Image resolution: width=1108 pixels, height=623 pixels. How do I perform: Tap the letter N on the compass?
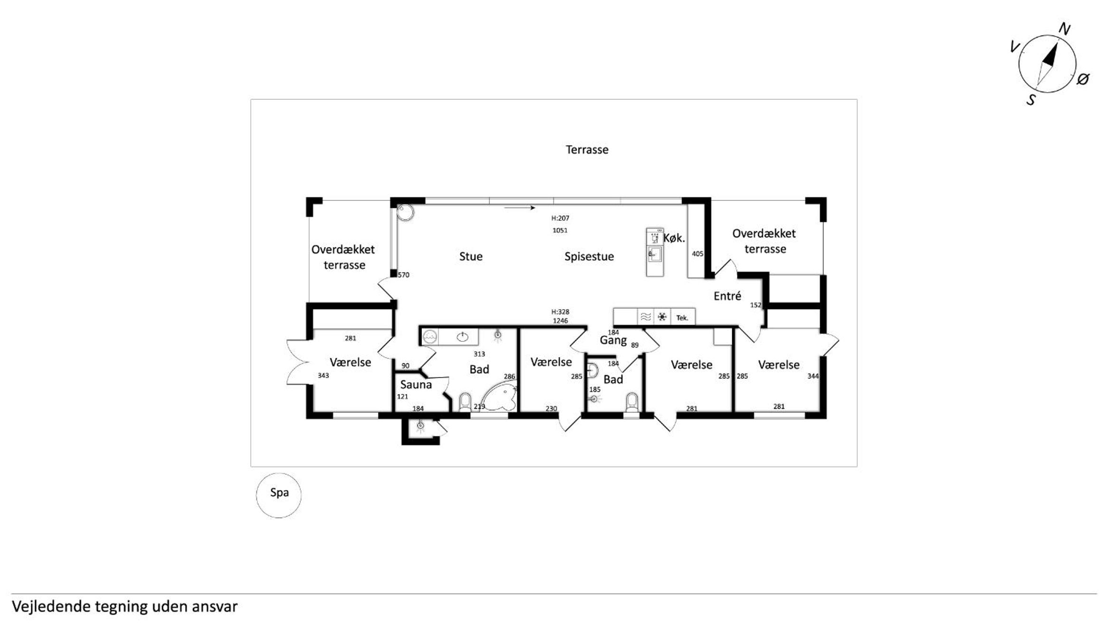(1064, 29)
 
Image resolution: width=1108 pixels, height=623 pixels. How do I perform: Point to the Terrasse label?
(587, 150)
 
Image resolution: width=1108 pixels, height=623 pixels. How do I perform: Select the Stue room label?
(470, 256)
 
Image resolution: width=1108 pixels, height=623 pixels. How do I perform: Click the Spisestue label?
(589, 256)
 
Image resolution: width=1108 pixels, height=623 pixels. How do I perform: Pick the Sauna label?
(416, 385)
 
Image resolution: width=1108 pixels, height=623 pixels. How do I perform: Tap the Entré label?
(727, 296)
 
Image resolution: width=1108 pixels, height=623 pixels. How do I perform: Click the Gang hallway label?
(613, 340)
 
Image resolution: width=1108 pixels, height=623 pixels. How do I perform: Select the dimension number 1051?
(560, 230)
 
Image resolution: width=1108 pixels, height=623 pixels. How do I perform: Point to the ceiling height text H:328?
(560, 312)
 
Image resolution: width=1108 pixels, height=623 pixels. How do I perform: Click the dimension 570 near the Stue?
(403, 275)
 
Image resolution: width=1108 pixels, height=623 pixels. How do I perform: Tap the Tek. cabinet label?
(682, 318)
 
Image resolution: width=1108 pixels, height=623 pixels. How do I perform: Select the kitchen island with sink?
(654, 252)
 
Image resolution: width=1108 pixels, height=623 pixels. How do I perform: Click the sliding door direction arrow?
(520, 208)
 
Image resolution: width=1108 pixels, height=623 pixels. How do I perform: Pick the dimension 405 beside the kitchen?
(697, 254)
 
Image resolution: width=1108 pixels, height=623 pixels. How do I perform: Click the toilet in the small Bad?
(631, 402)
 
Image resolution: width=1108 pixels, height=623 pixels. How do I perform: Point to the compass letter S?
(1031, 100)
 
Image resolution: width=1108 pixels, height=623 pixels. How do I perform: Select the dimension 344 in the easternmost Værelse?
(813, 376)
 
